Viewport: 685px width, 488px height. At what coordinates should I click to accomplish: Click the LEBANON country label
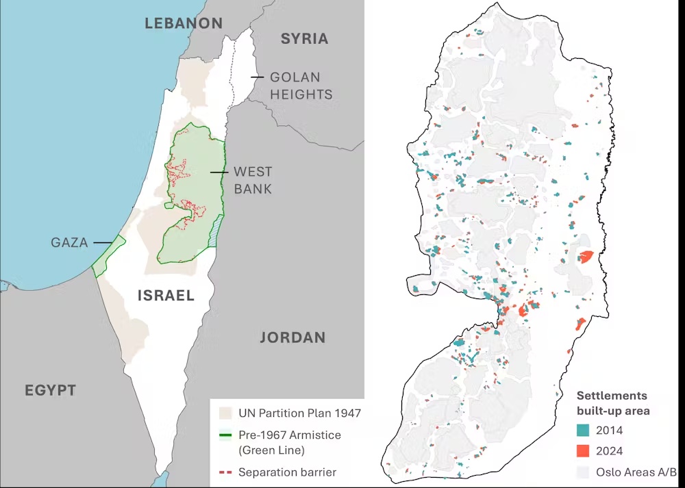(x=184, y=23)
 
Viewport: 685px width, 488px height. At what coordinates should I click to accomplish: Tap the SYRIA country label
(x=305, y=39)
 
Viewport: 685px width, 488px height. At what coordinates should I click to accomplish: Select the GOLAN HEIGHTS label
(x=301, y=86)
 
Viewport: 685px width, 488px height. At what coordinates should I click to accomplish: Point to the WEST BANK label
(x=253, y=180)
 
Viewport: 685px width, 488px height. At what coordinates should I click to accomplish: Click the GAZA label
(x=69, y=242)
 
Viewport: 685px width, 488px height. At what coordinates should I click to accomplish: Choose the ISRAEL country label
(x=166, y=296)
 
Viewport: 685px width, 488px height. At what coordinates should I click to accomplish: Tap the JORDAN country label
(x=292, y=337)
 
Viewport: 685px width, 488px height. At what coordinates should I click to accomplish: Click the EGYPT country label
(x=50, y=391)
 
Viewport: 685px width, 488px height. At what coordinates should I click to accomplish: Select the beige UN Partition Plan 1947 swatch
(x=225, y=413)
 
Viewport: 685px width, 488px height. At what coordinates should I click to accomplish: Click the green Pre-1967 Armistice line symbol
(x=225, y=435)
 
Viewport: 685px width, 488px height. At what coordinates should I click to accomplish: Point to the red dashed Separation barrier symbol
(x=225, y=472)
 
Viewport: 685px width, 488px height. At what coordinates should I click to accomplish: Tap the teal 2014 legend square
(x=583, y=431)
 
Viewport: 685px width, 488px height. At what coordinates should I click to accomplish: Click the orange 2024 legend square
(x=583, y=451)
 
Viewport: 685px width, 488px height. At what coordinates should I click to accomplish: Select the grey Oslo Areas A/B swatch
(x=583, y=472)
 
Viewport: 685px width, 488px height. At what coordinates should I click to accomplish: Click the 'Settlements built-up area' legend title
(x=612, y=403)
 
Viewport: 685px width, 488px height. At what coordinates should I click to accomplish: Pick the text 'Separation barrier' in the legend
(x=287, y=472)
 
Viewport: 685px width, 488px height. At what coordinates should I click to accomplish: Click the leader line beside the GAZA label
(x=102, y=242)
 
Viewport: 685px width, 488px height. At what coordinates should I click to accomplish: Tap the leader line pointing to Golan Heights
(x=257, y=77)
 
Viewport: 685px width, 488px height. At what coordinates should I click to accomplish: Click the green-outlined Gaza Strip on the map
(x=108, y=256)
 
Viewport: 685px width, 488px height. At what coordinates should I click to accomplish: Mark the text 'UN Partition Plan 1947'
(x=299, y=413)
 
